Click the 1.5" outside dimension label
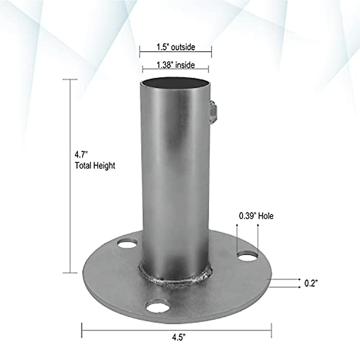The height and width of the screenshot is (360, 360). click(175, 47)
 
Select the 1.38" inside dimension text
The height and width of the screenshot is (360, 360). click(175, 65)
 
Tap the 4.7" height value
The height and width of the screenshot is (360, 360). click(81, 155)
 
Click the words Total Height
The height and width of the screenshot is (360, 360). click(95, 165)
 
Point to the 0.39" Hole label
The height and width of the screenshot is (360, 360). click(256, 216)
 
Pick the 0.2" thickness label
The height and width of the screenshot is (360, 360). click(311, 283)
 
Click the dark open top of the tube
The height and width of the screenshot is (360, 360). click(175, 82)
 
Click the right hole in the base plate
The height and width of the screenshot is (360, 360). click(247, 257)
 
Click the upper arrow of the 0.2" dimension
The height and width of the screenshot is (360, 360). click(285, 279)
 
